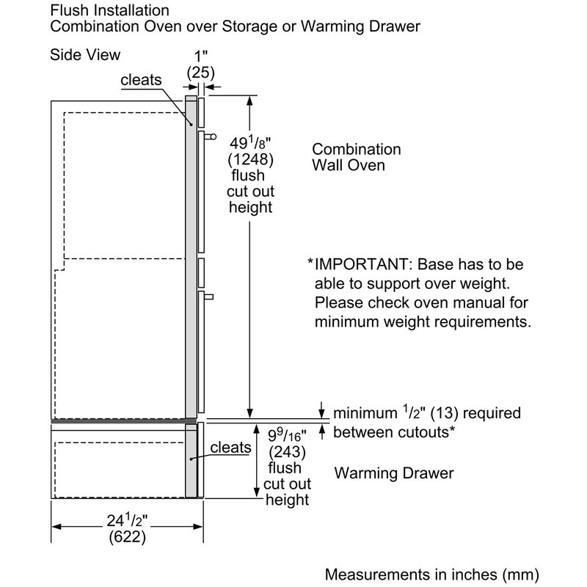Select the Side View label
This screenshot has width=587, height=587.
(x=85, y=55)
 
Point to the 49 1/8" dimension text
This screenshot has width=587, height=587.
(x=251, y=144)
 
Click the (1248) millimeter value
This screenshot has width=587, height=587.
(x=251, y=160)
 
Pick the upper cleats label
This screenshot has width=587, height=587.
(x=142, y=81)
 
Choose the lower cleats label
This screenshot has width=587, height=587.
(x=231, y=448)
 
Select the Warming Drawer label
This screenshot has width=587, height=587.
(x=394, y=473)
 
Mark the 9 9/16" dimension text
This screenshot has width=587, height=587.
(x=288, y=433)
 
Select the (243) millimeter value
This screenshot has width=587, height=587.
(x=288, y=450)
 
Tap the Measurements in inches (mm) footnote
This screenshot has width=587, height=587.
(x=432, y=572)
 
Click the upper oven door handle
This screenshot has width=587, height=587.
(x=211, y=135)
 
